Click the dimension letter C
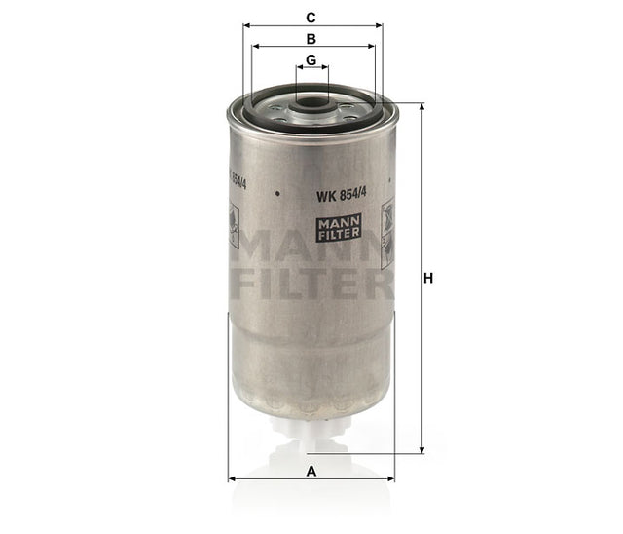pos(311,18)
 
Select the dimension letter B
pos(311,39)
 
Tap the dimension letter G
pos(311,60)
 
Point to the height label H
pos(427,279)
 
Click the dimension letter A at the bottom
pos(311,471)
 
